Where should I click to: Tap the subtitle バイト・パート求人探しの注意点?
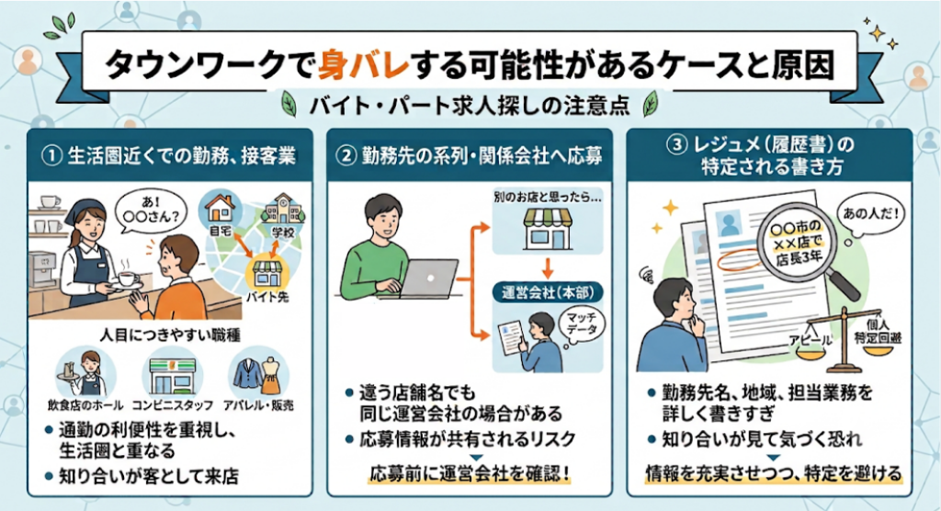[470, 106]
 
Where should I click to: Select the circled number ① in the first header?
[51, 156]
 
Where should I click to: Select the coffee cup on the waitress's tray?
[127, 278]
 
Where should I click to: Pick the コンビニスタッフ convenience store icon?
[172, 375]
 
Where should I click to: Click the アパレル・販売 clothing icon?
[258, 373]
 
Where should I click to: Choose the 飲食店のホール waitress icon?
[85, 373]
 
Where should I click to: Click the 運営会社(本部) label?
[548, 293]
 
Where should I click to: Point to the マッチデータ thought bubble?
[582, 324]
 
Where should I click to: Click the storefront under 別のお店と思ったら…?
[548, 229]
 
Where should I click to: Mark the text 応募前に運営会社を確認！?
[470, 473]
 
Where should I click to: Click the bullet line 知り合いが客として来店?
[142, 477]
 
